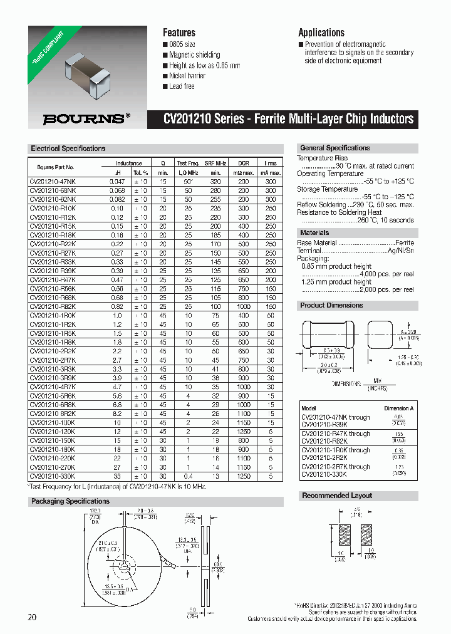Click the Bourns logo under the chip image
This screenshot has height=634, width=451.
tap(86, 117)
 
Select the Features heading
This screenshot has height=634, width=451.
tap(179, 33)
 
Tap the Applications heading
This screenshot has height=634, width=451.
tap(321, 33)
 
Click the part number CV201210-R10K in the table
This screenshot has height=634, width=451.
tap(53, 207)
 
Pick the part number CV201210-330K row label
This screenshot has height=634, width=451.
tap(53, 476)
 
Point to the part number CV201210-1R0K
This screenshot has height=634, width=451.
tap(53, 316)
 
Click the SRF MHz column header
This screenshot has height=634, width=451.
tap(215, 164)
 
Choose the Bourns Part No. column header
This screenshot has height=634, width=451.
tap(56, 167)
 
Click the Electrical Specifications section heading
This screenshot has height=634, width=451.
tap(68, 149)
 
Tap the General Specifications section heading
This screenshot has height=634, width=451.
tap(335, 148)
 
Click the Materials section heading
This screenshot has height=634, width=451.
tap(314, 233)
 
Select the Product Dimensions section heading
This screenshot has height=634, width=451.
tap(331, 306)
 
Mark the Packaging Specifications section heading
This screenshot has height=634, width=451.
tap(70, 501)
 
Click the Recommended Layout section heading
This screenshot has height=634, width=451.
tap(337, 496)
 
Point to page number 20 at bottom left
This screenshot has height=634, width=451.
tap(32, 617)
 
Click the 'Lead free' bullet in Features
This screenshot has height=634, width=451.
tap(182, 86)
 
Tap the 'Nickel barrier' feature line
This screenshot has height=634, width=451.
tap(187, 76)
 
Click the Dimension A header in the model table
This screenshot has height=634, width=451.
tap(398, 408)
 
